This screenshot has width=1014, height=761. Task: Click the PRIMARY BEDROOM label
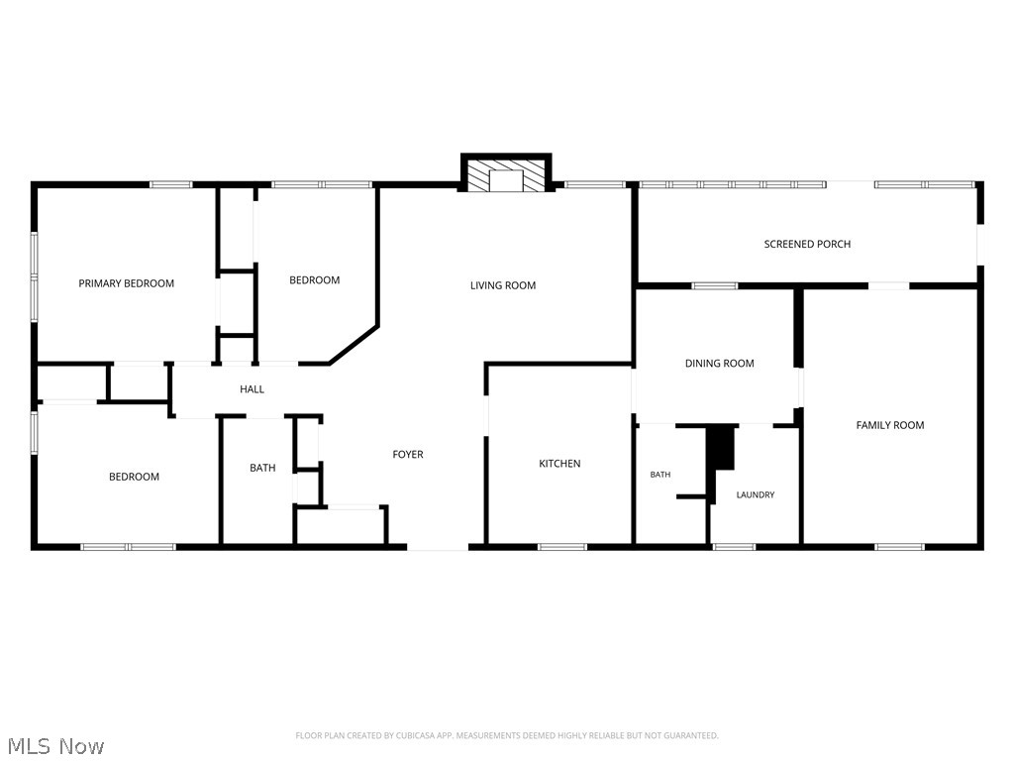[126, 283]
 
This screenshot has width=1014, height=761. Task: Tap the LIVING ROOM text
[503, 285]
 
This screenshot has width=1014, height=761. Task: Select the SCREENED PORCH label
[807, 244]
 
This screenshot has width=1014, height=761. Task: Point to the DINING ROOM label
[720, 364]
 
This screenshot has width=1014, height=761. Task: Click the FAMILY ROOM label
[890, 425]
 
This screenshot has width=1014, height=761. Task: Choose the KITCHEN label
[560, 464]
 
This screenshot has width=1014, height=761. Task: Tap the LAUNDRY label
[756, 495]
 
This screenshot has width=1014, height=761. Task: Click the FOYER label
[408, 454]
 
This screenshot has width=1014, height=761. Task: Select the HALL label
[253, 388]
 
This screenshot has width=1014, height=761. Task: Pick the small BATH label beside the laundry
[660, 475]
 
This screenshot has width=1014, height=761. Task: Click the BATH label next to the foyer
[262, 468]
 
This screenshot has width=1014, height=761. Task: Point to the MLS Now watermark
[56, 746]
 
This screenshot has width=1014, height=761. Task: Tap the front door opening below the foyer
[438, 547]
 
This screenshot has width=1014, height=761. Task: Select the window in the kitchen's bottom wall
[562, 547]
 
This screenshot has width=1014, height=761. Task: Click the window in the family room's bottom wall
[899, 547]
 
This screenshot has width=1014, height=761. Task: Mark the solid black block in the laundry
[722, 448]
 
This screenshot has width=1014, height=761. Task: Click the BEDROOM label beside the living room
[314, 280]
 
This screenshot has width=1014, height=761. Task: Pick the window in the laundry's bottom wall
[734, 547]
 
